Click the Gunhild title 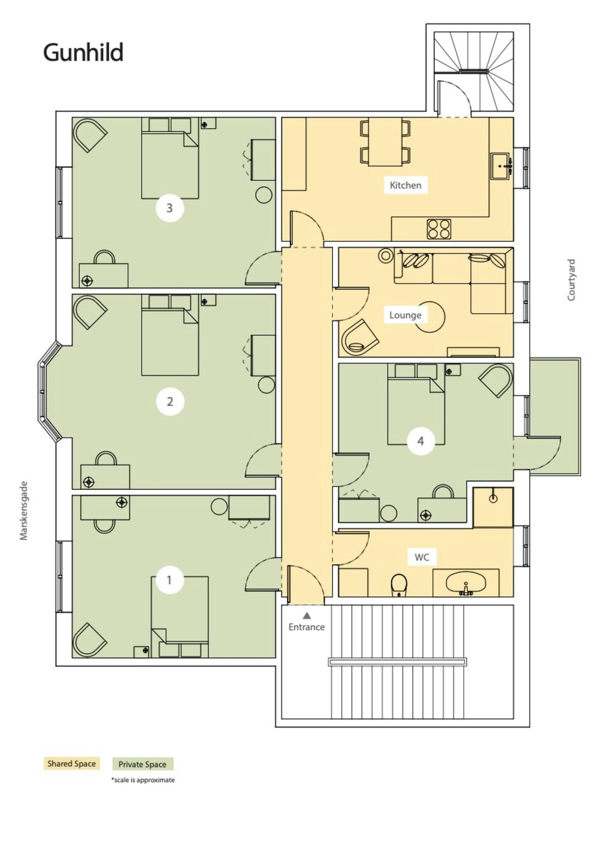pos(83,53)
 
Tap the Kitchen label pos(405,185)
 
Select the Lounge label pos(405,315)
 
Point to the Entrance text pos(307,627)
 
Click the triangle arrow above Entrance pos(307,616)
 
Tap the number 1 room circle pos(170,580)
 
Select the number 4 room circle pos(421,441)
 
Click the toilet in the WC pos(399,585)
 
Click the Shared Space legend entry pos(71,764)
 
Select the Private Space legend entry pos(143,764)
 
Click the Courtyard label pos(571,280)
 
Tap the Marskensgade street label pos(24,511)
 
